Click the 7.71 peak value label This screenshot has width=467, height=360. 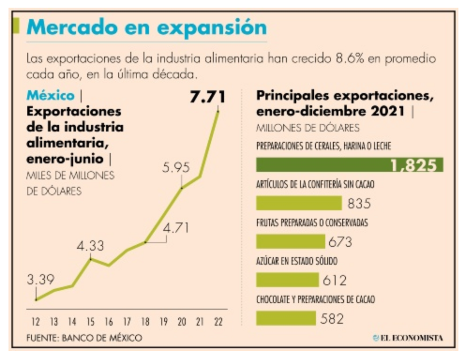(x=207, y=97)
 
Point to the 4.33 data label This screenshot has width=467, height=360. (x=90, y=245)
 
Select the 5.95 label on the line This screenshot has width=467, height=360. (x=176, y=168)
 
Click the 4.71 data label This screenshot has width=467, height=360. (x=176, y=228)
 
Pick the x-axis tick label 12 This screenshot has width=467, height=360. (x=35, y=321)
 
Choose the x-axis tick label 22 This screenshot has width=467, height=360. (x=218, y=321)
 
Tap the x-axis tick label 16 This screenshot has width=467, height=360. (x=109, y=321)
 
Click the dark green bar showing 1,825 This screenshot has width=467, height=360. (x=349, y=164)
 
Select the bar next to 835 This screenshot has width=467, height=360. (x=299, y=203)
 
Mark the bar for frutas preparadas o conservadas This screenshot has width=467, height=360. (x=291, y=241)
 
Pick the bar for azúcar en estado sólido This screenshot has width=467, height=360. (x=287, y=279)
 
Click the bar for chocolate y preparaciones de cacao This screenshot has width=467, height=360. (x=286, y=318)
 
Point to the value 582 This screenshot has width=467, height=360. (x=332, y=318)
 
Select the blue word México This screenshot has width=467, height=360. (x=50, y=96)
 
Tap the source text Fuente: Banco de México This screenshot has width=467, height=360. (x=84, y=338)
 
